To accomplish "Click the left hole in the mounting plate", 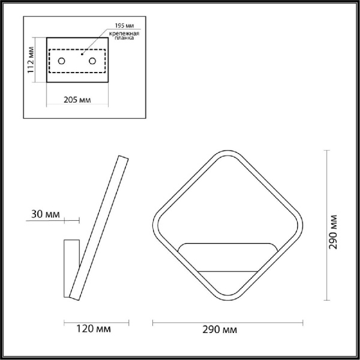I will point(62,60).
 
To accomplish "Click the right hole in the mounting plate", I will point(92,60).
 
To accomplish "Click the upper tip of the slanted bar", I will point(123,157).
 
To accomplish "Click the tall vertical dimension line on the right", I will point(326,225).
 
